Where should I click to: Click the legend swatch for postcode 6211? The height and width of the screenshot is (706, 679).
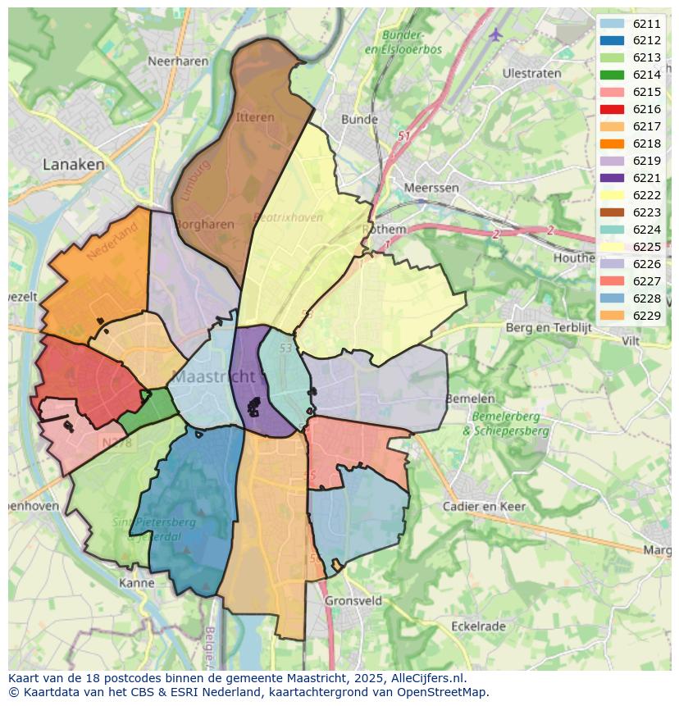coord(612,23)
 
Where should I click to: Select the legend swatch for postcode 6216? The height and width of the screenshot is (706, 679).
coord(612,109)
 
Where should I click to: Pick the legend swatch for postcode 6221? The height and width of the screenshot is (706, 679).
coord(612,178)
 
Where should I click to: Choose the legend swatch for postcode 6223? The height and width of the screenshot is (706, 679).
coord(612,212)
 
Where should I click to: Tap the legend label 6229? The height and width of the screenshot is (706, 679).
coord(646,316)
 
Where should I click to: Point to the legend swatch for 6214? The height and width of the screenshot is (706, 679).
coord(612,75)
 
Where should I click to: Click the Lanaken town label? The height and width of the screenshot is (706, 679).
coord(74,164)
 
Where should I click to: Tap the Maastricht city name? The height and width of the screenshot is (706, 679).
coord(215,377)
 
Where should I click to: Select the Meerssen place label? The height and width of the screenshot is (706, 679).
coord(431,188)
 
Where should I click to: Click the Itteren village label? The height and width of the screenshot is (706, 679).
coord(255,117)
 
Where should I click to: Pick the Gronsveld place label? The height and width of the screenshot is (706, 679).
coord(353,600)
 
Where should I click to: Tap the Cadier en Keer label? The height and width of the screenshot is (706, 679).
coord(484,506)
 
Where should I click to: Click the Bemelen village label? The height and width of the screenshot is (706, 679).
coord(470,399)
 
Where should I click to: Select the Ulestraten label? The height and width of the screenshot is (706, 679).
coord(531,73)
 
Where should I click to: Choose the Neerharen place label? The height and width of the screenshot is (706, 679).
coord(175,61)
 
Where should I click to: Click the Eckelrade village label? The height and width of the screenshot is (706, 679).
coord(478,626)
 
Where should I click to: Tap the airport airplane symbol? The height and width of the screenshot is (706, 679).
coord(495,34)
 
